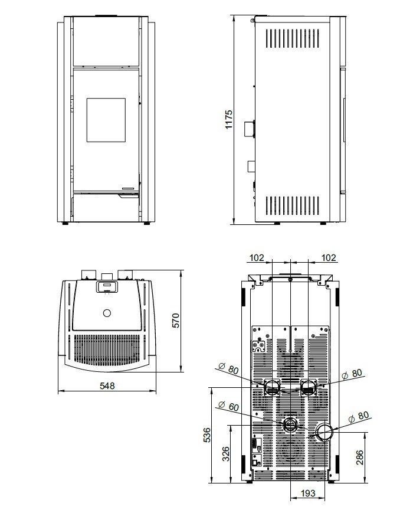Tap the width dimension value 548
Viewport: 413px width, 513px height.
click(x=107, y=385)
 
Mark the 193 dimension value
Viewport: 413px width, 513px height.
click(x=307, y=492)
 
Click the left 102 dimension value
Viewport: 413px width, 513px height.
click(x=257, y=257)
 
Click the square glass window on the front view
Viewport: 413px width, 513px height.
click(x=106, y=119)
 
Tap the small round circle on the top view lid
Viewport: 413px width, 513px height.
click(x=107, y=312)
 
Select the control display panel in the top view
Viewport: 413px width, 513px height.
click(x=107, y=287)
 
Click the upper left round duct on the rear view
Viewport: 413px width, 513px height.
click(x=271, y=387)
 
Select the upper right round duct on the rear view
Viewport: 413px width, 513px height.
click(x=309, y=387)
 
